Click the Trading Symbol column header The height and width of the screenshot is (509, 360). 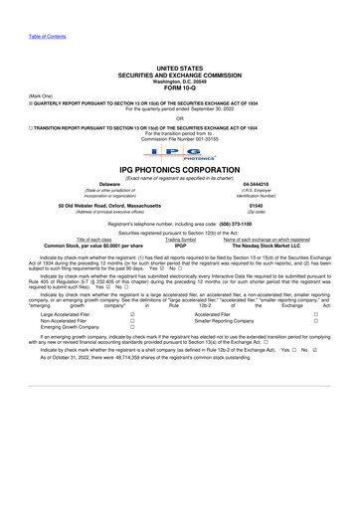point(180,240)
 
